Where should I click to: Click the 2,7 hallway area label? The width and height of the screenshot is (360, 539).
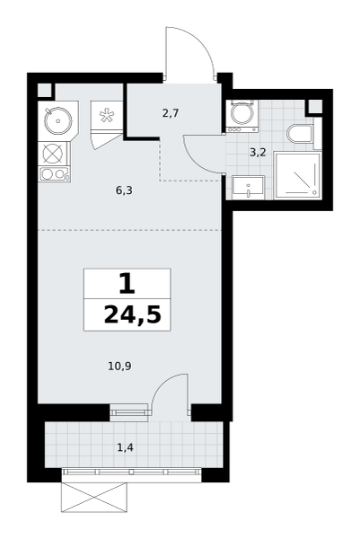pyautogui.click(x=171, y=113)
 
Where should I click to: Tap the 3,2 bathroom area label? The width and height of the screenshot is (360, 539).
pyautogui.click(x=258, y=153)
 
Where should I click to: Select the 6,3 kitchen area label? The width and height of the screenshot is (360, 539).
pyautogui.click(x=124, y=190)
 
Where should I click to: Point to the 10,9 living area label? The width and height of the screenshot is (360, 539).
pyautogui.click(x=120, y=367)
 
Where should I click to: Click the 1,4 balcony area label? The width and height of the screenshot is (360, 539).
pyautogui.click(x=125, y=447)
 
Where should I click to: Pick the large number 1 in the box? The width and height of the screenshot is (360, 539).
pyautogui.click(x=127, y=283)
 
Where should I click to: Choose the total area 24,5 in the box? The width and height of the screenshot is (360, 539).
pyautogui.click(x=133, y=315)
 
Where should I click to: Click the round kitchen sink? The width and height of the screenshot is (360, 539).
pyautogui.click(x=58, y=120)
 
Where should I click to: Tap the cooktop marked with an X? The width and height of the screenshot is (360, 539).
pyautogui.click(x=54, y=154)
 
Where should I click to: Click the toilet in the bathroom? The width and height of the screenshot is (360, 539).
pyautogui.click(x=300, y=134)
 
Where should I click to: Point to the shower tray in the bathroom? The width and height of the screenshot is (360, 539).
pyautogui.click(x=298, y=176)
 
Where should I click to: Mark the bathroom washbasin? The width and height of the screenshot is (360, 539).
pyautogui.click(x=248, y=188)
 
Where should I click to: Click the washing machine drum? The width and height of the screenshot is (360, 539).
pyautogui.click(x=241, y=114)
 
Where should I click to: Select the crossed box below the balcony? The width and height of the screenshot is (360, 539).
pyautogui.click(x=94, y=497)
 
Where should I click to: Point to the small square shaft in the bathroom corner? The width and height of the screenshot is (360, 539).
pyautogui.click(x=315, y=106)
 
